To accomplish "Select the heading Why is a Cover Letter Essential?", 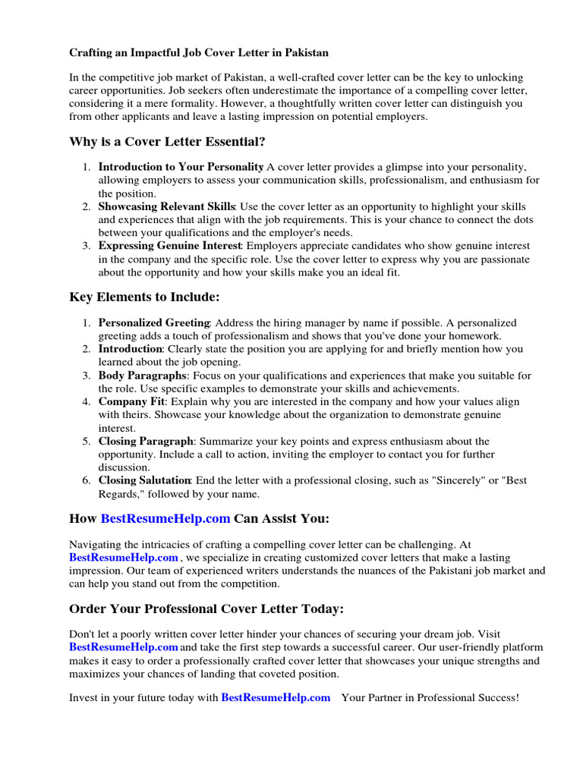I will pos(167,142).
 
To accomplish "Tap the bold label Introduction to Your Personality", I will pos(181,167).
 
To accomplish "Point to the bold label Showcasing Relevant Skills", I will pos(167,207).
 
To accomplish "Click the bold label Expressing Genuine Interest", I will pos(170,246).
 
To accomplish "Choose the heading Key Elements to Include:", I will pos(144,297).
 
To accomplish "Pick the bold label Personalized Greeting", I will pos(154,322).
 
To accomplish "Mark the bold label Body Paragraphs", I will pos(142,376).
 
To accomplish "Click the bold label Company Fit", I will pos(131,401).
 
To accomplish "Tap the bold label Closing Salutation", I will pos(144,480).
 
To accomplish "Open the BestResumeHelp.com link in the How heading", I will pos(165,519).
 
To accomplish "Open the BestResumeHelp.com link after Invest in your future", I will pos(276,697).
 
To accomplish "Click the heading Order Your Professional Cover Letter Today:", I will pos(206,609).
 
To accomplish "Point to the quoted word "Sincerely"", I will pos(462,480).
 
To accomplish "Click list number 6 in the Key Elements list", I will pos(87,480).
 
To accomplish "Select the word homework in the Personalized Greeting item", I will pos(477,335).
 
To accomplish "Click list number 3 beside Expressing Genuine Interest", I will pos(87,246).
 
